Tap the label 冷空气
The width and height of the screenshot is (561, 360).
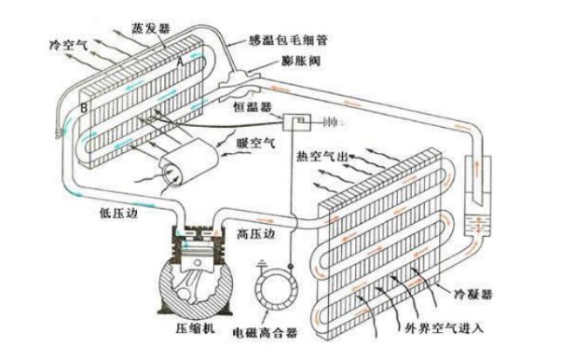click(69, 45)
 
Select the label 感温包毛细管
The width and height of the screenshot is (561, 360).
click(288, 40)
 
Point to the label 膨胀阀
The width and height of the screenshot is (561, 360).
click(301, 61)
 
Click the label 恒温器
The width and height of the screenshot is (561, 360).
click(253, 106)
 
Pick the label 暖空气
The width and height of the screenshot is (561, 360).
click(256, 144)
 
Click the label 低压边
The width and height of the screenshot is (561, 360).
click(118, 214)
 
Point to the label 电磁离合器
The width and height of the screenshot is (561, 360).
click(265, 333)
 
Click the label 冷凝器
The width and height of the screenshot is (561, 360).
click(473, 295)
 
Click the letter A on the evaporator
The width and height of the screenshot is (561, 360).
click(181, 62)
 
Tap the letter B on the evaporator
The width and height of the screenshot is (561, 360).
click(84, 108)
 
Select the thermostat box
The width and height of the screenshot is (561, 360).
click(297, 122)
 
